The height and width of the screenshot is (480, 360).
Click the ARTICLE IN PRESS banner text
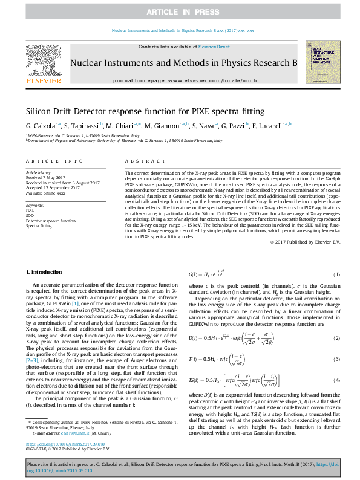point(180,12)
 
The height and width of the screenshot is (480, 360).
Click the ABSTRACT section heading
point(144,161)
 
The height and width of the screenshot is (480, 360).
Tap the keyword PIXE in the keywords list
point(30,210)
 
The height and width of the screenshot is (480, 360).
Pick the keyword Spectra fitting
point(39,225)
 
